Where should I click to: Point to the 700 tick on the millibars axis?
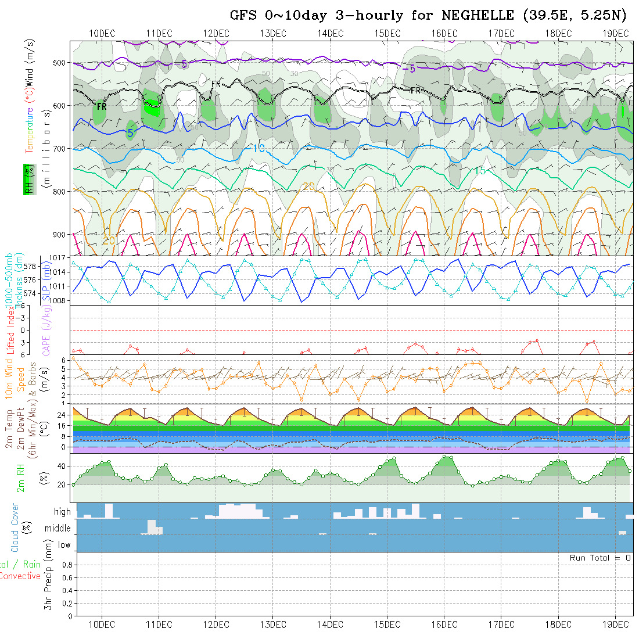[61, 148]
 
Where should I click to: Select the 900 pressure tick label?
[61, 234]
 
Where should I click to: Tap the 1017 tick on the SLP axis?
[60, 257]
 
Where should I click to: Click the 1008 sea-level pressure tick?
[60, 300]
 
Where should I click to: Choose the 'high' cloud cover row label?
[62, 512]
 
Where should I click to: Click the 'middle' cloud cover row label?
[58, 528]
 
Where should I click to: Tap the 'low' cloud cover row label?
[64, 545]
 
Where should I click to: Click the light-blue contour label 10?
[259, 148]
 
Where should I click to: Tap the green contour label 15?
[480, 171]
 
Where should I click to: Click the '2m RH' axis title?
[20, 478]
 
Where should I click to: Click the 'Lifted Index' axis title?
[10, 330]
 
